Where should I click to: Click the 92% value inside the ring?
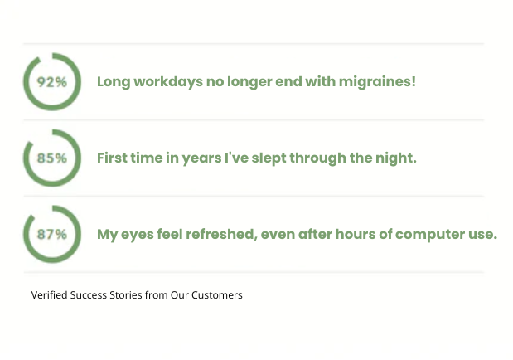tap(52, 82)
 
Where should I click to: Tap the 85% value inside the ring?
tap(52, 158)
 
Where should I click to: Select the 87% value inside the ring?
tap(52, 234)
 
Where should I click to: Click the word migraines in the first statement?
tap(377, 82)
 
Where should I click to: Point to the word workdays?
tap(168, 81)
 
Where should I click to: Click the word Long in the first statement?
tap(114, 82)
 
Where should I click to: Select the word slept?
tap(269, 158)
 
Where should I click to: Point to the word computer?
tap(430, 235)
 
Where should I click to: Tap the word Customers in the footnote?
tap(217, 295)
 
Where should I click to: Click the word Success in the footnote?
tap(89, 295)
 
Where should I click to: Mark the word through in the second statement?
tap(317, 158)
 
